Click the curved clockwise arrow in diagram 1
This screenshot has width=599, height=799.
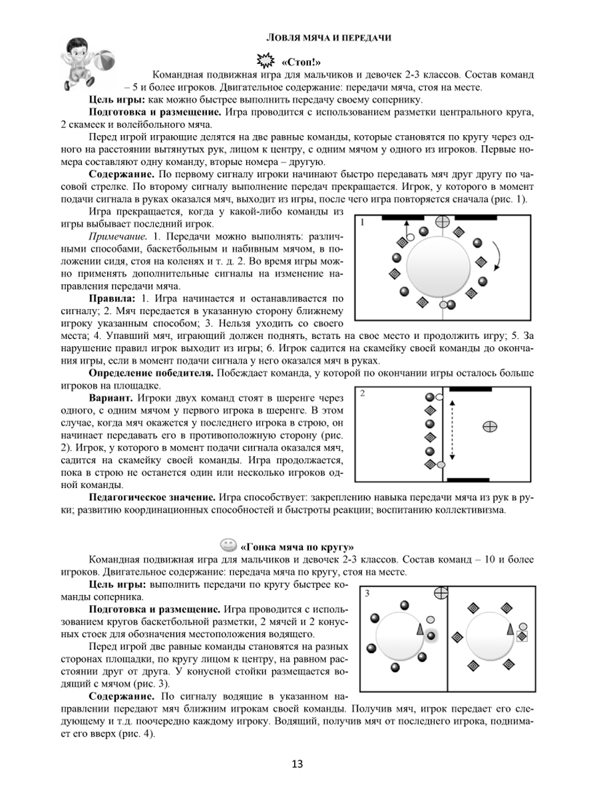pos(497,255)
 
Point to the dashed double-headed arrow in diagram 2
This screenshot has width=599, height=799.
pos(452,430)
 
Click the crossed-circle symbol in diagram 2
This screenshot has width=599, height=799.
pos(489,425)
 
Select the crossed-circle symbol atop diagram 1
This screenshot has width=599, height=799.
pos(441,221)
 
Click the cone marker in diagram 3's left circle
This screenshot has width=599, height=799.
pos(419,629)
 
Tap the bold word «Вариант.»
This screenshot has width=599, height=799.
pos(111,398)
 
